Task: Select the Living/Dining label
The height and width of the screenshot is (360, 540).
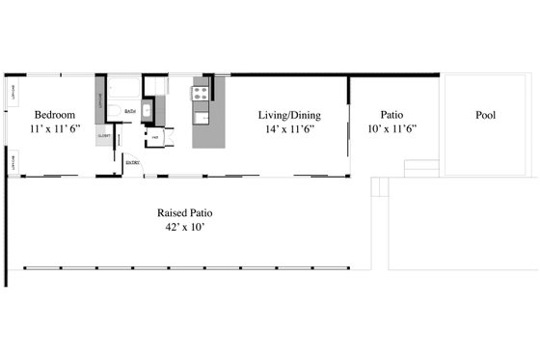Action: (288, 114)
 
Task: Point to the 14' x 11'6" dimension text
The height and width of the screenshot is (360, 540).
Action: (288, 127)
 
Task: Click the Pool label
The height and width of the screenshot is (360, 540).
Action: (486, 114)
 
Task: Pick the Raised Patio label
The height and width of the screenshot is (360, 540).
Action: (185, 212)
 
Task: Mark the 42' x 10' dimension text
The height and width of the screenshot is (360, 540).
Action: (185, 227)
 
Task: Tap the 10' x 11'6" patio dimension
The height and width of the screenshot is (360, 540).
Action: (391, 127)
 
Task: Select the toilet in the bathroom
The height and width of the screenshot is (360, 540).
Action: (114, 113)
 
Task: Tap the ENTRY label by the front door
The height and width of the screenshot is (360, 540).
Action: (132, 162)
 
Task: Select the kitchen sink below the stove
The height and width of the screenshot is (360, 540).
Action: (202, 118)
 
